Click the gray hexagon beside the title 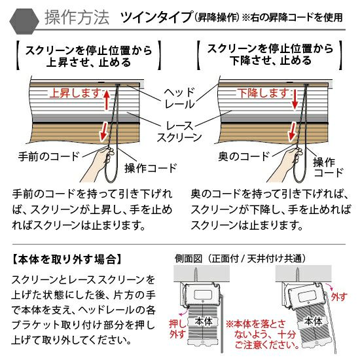(x=24, y=21)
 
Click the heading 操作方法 (x=77, y=18)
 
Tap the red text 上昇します (x=75, y=93)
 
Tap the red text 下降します (x=263, y=93)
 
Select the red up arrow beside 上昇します (x=106, y=100)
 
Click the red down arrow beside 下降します (x=295, y=100)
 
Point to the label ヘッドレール (x=179, y=98)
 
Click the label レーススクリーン (x=179, y=132)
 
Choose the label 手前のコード (x=49, y=156)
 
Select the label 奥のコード (x=244, y=156)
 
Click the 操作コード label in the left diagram (x=151, y=168)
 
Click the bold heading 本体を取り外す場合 (x=67, y=259)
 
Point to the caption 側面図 (x=189, y=259)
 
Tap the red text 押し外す (x=177, y=329)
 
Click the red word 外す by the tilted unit (x=339, y=297)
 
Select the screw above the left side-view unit (x=196, y=275)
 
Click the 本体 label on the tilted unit (x=314, y=321)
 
